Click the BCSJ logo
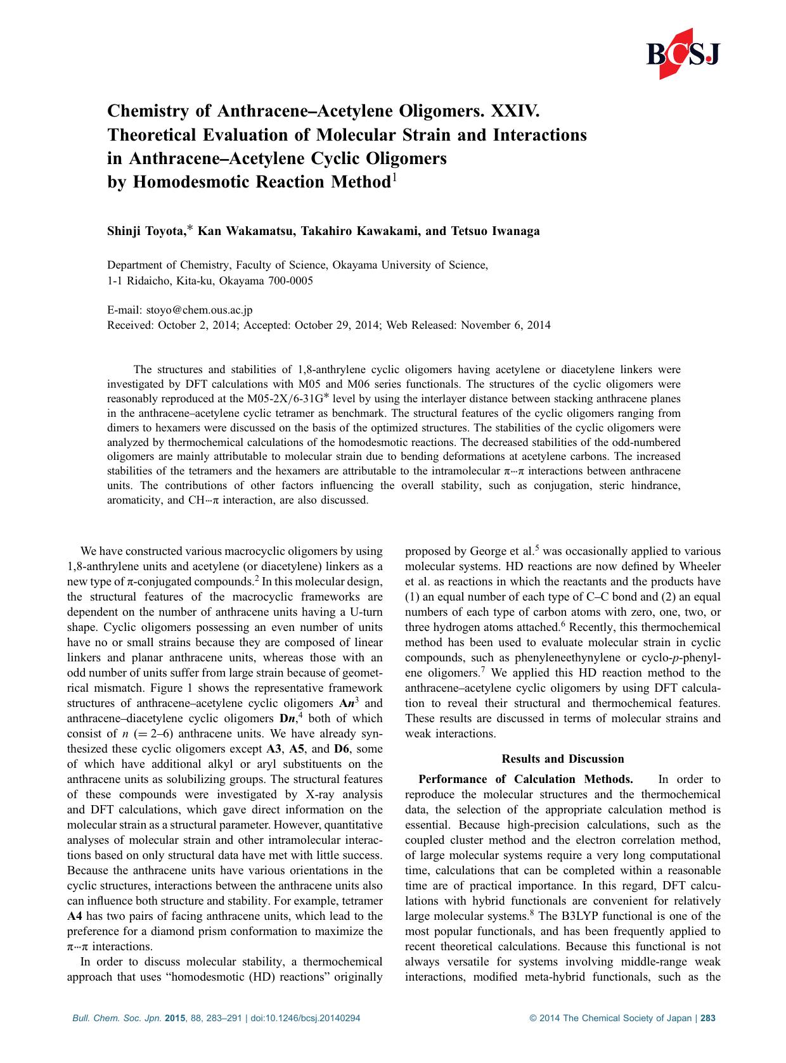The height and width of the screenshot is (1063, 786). [683, 54]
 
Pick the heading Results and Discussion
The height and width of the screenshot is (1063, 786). [562, 759]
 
